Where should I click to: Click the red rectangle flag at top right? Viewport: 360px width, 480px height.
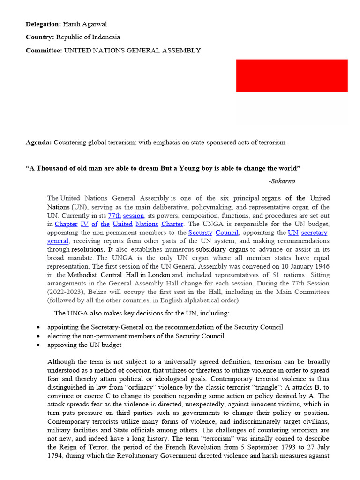[292, 75]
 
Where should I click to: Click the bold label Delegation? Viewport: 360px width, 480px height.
[43, 24]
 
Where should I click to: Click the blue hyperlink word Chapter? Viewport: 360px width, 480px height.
[66, 224]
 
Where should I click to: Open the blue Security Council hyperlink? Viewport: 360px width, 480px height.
[213, 232]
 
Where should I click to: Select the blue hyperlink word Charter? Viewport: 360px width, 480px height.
[172, 224]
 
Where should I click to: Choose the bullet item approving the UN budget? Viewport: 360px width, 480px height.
[84, 345]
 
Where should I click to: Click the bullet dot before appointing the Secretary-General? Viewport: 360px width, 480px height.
[37, 327]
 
